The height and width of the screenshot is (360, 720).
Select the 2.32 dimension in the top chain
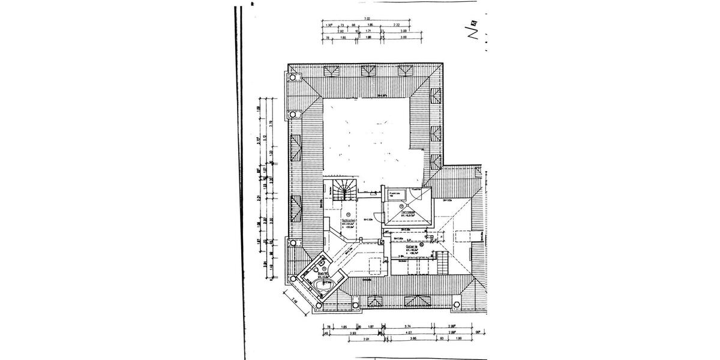coord(397,25)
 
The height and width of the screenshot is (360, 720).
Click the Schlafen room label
coord(349,220)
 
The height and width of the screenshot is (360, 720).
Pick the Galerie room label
coord(412,246)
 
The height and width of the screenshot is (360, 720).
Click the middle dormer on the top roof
coord(366,71)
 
